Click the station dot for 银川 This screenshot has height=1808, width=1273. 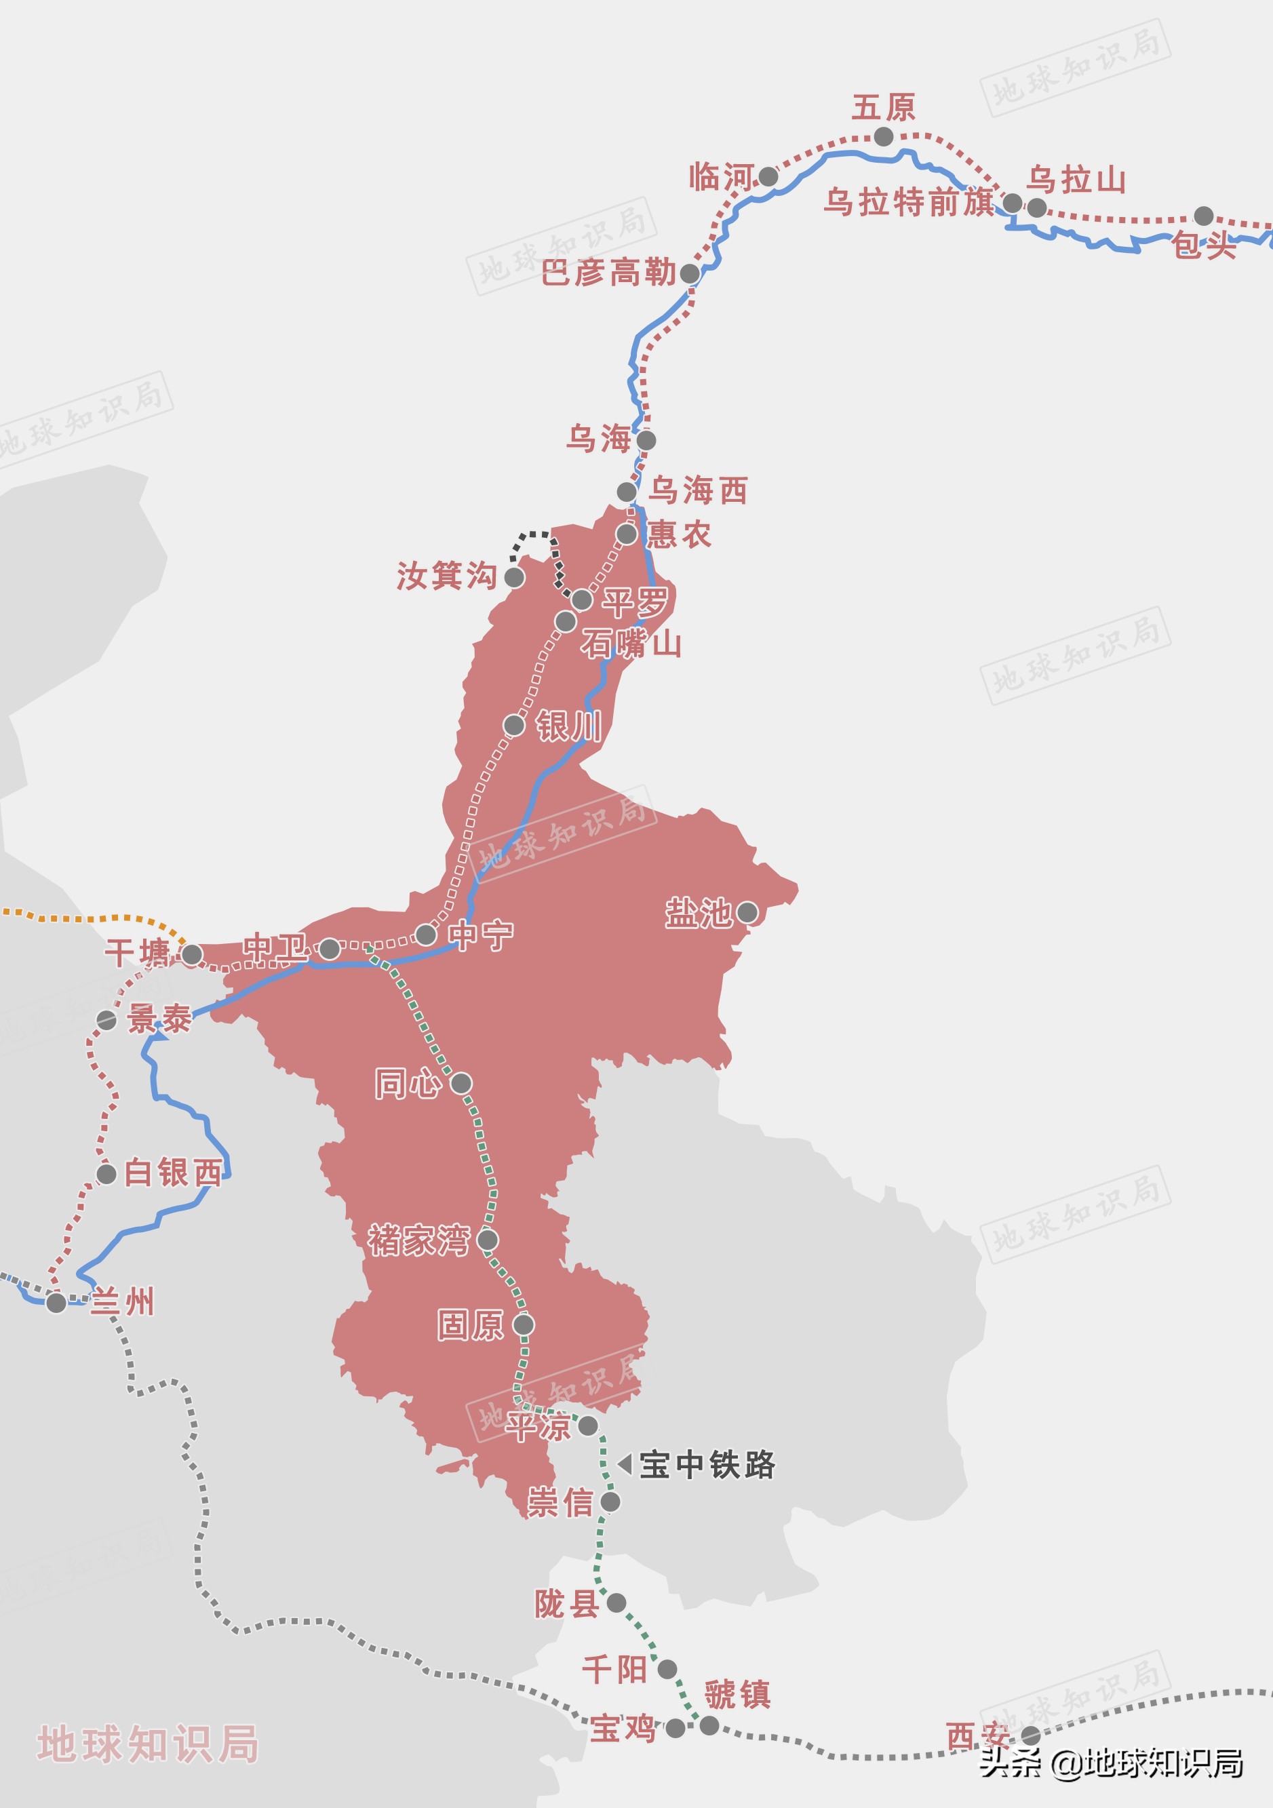[514, 725]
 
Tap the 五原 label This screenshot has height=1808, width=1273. [883, 108]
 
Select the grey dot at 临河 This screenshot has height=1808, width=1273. [768, 177]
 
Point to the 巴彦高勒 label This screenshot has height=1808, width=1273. [608, 273]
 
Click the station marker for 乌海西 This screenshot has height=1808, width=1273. [627, 492]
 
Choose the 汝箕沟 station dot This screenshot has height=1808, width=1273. [514, 578]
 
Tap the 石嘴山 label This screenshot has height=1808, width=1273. [631, 644]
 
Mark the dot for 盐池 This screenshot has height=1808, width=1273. [747, 913]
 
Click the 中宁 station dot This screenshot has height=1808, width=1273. [426, 935]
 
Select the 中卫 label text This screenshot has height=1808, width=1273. [275, 947]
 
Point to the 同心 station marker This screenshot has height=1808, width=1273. [461, 1084]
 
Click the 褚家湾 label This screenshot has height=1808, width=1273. [419, 1240]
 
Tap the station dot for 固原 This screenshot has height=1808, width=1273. [524, 1324]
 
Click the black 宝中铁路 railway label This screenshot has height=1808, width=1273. [707, 1465]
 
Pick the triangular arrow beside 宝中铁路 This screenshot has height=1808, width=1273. [625, 1464]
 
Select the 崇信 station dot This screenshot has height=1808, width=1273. [610, 1501]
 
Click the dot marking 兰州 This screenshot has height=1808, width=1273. [56, 1303]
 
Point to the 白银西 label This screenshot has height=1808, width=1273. [173, 1173]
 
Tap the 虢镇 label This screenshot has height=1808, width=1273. [737, 1695]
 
